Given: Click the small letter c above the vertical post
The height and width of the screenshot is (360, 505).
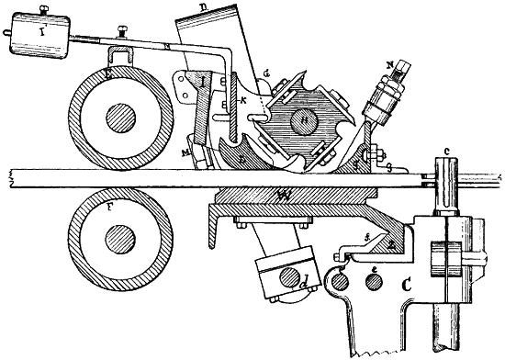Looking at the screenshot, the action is pos(447,152).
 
